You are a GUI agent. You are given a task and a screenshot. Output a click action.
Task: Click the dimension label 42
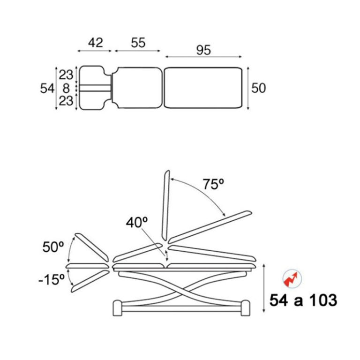pos(96,43)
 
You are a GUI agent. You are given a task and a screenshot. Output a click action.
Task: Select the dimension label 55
pos(138,43)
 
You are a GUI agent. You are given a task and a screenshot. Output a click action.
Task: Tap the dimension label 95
pos(203,50)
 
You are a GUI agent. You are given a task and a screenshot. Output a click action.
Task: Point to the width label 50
pos(259,88)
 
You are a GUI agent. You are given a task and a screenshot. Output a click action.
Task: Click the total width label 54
pos(47,89)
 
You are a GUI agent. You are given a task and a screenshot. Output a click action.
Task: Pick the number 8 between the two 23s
pos(66,88)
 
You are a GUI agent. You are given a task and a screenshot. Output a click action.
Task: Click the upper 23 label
pos(66,75)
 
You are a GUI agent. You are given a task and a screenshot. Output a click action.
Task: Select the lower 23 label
pos(66,101)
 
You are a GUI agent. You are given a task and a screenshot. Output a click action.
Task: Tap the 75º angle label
pos(213,184)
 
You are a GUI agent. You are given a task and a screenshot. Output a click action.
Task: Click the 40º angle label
pos(136,222)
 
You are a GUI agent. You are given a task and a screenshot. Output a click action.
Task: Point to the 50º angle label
pos(53,247)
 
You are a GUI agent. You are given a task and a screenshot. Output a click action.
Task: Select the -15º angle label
pos(51,279)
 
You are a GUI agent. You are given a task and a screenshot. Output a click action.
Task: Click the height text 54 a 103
pos(303,300)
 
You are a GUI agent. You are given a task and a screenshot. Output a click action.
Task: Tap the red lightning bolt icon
pos(292,279)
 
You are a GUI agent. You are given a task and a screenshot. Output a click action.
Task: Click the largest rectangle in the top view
pos(203,88)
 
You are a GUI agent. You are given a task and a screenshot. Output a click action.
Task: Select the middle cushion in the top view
pos(137,88)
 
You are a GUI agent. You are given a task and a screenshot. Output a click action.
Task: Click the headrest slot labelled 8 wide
pos(95,88)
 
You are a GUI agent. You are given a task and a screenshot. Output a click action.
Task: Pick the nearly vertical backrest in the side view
pos(165,205)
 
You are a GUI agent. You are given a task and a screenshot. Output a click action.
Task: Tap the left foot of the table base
pos(117,308)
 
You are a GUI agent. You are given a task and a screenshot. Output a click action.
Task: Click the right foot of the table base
pos(245,308)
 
